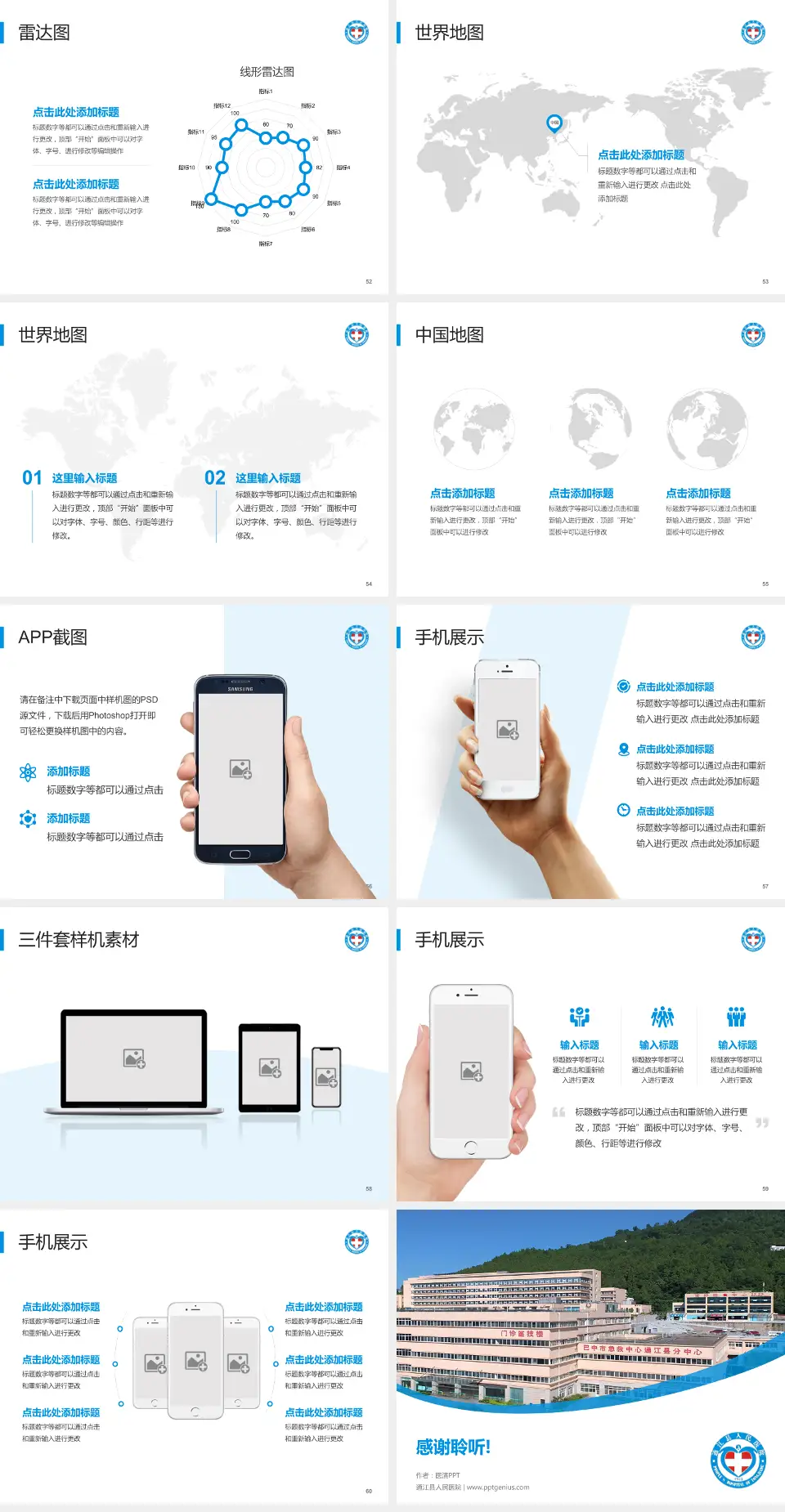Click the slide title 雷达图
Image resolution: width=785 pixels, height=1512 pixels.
point(44,33)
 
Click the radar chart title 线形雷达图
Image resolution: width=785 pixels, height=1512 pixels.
point(267,72)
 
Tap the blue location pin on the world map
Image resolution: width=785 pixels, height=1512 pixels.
point(554,123)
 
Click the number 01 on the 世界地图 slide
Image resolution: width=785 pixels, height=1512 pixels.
point(32,478)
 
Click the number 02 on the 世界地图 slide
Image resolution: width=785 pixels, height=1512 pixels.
point(215,478)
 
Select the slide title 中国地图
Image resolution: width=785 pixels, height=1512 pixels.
point(449,335)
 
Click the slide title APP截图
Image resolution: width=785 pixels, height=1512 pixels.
point(52,637)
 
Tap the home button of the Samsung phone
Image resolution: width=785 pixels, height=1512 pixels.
point(240,854)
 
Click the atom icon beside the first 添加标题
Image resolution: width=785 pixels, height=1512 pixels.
point(28,772)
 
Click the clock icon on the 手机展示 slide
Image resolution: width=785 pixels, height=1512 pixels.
point(623,810)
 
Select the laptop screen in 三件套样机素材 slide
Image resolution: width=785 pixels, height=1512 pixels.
point(134,1058)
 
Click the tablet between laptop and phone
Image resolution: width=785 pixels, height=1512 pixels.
point(270,1067)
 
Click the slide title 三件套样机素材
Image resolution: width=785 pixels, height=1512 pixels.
point(78,940)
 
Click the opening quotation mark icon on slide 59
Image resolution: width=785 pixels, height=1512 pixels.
point(558,1112)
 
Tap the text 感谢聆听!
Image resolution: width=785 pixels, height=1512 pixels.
point(453,1447)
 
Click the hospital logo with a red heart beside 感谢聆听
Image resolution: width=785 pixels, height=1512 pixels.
point(738,1461)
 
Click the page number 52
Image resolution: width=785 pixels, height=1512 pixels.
point(369,281)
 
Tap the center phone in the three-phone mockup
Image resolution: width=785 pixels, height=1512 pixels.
point(195,1360)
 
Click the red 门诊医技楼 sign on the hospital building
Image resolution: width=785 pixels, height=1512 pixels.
point(522,1333)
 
